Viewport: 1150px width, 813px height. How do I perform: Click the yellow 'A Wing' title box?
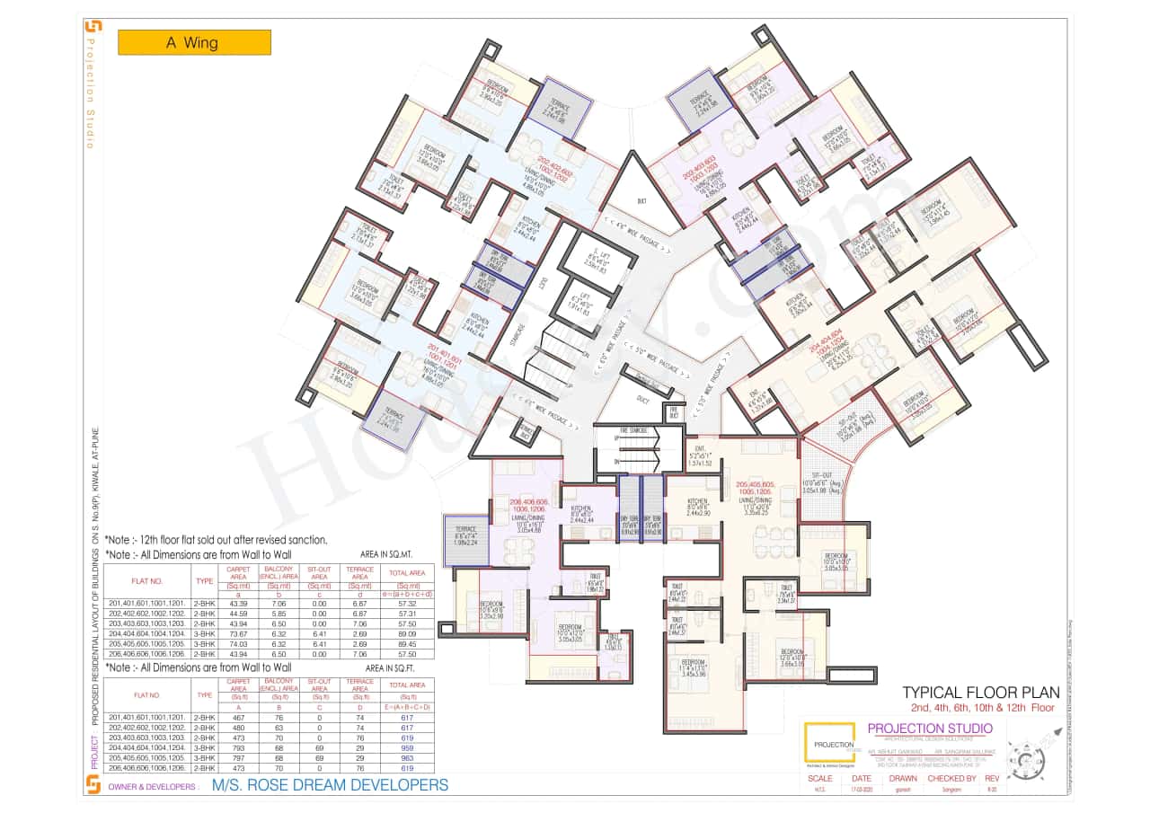pyautogui.click(x=194, y=42)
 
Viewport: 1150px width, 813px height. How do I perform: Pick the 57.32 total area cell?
pyautogui.click(x=405, y=604)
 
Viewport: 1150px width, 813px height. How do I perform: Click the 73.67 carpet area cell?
pyautogui.click(x=238, y=633)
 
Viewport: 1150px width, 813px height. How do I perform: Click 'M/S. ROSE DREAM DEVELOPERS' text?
pyautogui.click(x=329, y=785)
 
